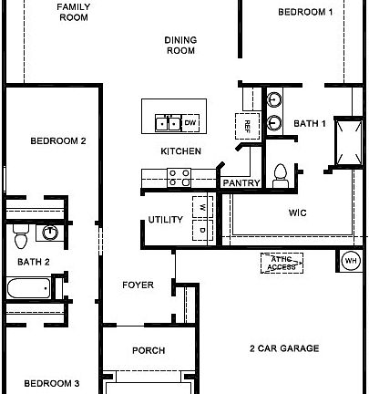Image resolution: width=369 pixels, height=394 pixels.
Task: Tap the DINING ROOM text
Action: (180, 46)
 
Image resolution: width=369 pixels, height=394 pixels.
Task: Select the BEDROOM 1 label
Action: (305, 12)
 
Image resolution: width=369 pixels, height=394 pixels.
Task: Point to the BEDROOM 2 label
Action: (57, 141)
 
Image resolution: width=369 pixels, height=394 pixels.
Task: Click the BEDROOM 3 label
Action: (51, 383)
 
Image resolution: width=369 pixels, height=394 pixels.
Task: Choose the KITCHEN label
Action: (180, 151)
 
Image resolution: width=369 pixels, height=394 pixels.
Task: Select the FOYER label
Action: (138, 285)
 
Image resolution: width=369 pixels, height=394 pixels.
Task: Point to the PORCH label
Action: (149, 350)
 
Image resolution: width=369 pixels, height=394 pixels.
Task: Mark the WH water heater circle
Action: (350, 261)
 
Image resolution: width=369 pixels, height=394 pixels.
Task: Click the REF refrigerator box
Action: (245, 125)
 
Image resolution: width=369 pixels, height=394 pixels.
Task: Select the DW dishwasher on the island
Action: (190, 122)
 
